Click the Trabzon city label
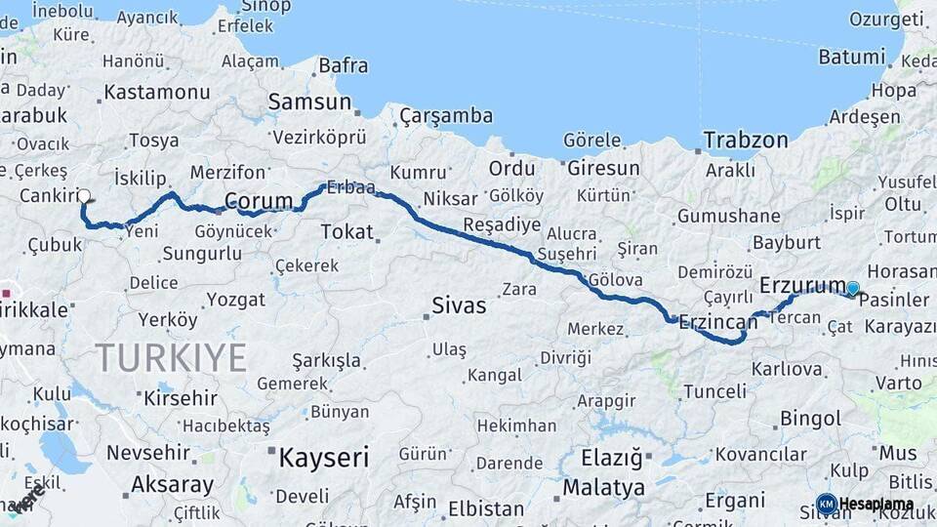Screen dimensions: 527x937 (745, 140)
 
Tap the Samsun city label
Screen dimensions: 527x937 (309, 101)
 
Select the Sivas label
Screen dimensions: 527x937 (459, 305)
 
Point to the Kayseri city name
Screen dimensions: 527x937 (324, 456)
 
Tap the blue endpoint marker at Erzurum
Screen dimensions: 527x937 (853, 288)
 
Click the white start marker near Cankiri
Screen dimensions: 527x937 (84, 196)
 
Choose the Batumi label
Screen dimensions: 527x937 (851, 57)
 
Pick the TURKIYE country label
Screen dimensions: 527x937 (171, 358)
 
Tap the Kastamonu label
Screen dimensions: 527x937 (156, 93)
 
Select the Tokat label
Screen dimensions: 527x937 (347, 231)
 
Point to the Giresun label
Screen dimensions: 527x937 (603, 168)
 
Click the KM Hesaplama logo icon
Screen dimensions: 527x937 (826, 504)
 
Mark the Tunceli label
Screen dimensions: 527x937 (714, 391)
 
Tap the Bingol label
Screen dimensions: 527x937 (811, 419)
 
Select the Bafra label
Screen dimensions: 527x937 (344, 65)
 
